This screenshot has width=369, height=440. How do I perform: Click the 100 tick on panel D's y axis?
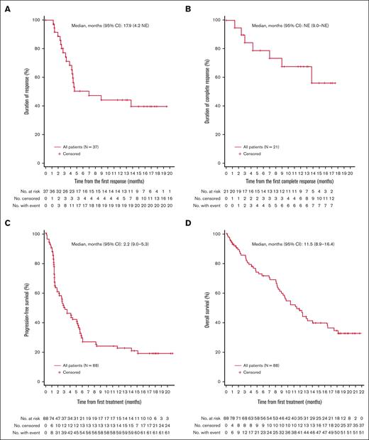coord(209,234)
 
